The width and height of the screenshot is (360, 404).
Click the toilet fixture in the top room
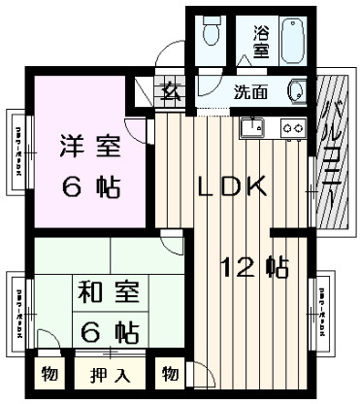pyautogui.click(x=211, y=33)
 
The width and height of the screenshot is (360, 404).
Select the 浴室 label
pyautogui.click(x=261, y=39)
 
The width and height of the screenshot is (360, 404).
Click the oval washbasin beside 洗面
pyautogui.click(x=297, y=92)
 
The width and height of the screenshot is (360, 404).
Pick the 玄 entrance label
pyautogui.click(x=171, y=94)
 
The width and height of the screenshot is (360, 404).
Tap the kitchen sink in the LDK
pyautogui.click(x=255, y=126)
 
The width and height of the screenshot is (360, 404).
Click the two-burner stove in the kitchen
pyautogui.click(x=292, y=127)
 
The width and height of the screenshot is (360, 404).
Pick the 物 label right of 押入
pyautogui.click(x=170, y=374)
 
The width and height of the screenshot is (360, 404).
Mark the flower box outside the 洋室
pyautogui.click(x=19, y=155)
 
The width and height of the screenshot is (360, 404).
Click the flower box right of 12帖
pyautogui.click(x=321, y=306)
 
